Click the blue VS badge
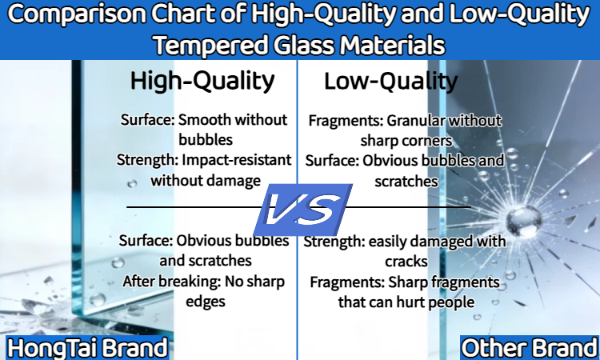coord(303,210)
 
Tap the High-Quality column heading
coord(202,81)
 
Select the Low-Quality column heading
coord(390,82)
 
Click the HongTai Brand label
coord(88,348)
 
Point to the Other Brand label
coord(530,348)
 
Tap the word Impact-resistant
coord(237,160)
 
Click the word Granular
coord(416,121)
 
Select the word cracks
coord(406,262)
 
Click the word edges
coord(205,302)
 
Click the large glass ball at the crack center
coord(524,221)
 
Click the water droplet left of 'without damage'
coord(132,184)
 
